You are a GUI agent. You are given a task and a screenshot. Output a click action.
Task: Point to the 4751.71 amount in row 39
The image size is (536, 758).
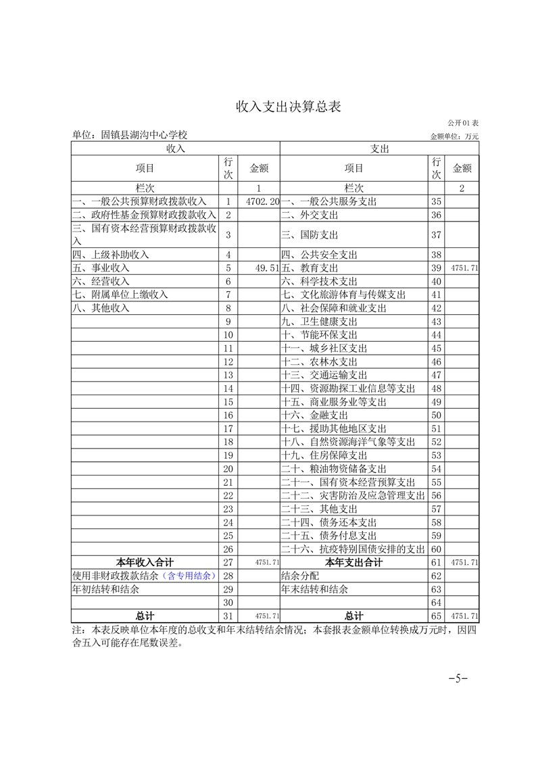click(464, 268)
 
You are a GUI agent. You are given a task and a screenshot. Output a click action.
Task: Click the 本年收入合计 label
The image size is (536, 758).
click(145, 562)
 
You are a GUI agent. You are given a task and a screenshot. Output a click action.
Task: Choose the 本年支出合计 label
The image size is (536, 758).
click(354, 562)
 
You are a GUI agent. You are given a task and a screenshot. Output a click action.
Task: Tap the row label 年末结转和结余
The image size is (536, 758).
click(314, 589)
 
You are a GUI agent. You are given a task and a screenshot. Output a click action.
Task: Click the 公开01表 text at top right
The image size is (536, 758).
click(463, 123)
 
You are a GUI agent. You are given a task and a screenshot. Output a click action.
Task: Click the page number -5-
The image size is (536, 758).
click(458, 678)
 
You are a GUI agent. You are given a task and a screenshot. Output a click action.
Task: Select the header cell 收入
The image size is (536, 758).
click(176, 148)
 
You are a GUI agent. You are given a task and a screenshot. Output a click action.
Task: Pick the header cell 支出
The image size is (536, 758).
click(379, 148)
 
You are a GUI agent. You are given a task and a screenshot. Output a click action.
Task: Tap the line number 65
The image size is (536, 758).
click(436, 616)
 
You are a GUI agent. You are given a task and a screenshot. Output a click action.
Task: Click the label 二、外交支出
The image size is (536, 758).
click(310, 215)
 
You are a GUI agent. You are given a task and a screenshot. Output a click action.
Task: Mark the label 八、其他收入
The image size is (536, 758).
click(101, 308)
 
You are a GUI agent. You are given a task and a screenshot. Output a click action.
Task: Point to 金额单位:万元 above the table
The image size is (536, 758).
click(454, 136)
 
